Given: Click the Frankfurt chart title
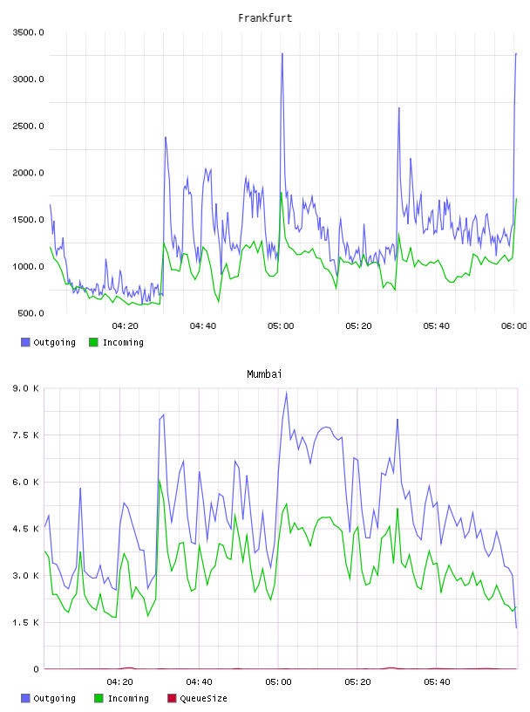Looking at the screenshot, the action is point(265,18).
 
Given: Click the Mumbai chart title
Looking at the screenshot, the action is point(264,374).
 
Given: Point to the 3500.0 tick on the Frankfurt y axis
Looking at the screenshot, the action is point(28,32).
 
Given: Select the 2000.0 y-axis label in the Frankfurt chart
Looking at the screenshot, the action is point(28,173).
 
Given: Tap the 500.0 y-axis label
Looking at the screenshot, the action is point(31,313).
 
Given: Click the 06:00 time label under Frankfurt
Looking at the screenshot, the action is point(513,326).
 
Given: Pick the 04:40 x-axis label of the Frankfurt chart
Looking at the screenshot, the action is point(203,326).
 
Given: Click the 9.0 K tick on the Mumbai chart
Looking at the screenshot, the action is point(26,388).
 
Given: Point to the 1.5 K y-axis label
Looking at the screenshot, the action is point(26,622).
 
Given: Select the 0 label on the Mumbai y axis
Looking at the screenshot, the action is point(36,669).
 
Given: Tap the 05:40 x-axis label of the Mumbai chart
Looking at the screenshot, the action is point(437,682).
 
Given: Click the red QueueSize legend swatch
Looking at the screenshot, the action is point(172,698).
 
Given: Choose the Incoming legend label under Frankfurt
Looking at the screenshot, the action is point(123,343).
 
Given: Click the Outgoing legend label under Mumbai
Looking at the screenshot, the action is point(54,698).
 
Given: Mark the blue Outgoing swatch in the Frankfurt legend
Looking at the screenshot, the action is point(25,342).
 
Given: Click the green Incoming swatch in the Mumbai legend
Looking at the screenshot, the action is point(99,698).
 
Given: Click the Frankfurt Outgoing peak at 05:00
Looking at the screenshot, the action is point(282,53).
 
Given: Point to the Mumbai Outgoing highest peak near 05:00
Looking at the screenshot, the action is point(286,392).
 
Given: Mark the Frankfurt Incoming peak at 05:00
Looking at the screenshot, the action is point(281,193).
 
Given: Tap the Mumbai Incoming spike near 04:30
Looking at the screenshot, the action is point(160,480).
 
